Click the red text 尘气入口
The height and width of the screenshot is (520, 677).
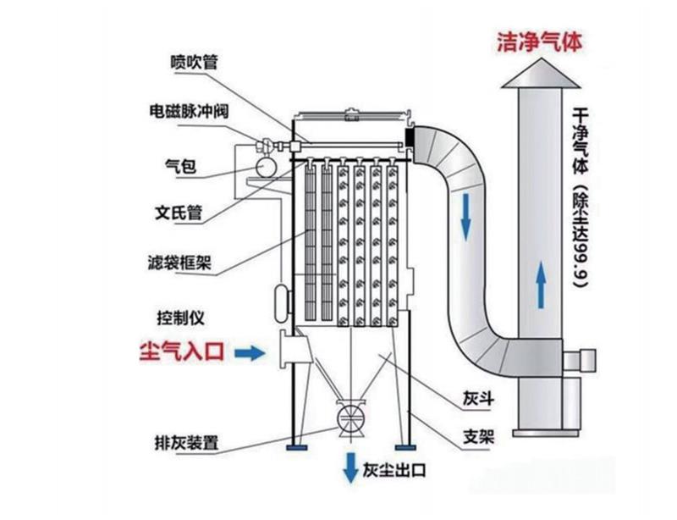coord(182,351)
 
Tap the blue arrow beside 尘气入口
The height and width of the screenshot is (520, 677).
coord(249,351)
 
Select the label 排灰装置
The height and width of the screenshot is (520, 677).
coord(187,441)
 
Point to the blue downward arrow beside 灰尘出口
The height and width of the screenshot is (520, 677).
coord(348,465)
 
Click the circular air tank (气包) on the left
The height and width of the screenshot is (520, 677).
coord(268,163)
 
